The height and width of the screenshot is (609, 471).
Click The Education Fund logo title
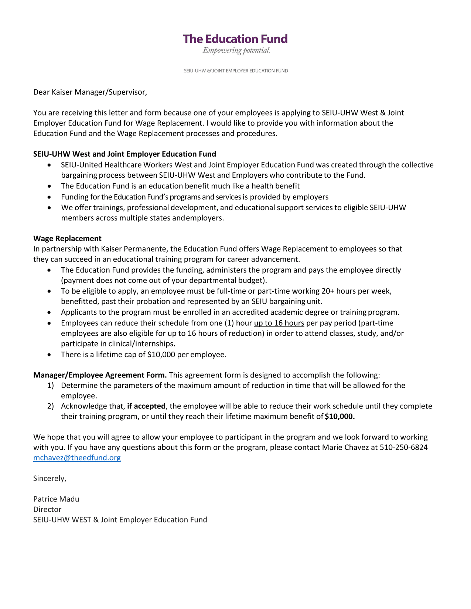click(x=235, y=39)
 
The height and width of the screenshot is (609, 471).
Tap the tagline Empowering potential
click(x=236, y=51)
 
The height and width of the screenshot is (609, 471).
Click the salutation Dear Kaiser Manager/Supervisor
click(x=90, y=92)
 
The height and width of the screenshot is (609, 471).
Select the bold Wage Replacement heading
click(x=67, y=239)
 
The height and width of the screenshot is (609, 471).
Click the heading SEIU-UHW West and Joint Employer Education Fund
click(x=124, y=154)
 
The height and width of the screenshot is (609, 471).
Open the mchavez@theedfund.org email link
click(x=77, y=458)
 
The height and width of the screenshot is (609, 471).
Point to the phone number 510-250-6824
click(x=403, y=448)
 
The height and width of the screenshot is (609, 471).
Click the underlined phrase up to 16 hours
click(x=279, y=323)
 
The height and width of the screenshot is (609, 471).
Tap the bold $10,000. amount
click(x=339, y=417)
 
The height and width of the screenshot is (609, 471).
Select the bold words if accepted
click(x=146, y=406)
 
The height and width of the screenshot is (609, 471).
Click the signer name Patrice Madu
click(x=56, y=499)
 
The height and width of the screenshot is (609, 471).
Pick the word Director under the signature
click(x=47, y=510)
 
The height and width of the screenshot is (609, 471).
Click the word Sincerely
click(x=50, y=479)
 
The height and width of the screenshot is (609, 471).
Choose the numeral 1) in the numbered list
click(x=51, y=386)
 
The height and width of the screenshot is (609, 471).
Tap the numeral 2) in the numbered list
click(x=51, y=406)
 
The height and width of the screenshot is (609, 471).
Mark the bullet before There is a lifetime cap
click(x=50, y=355)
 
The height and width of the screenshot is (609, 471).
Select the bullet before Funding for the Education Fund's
click(x=50, y=197)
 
